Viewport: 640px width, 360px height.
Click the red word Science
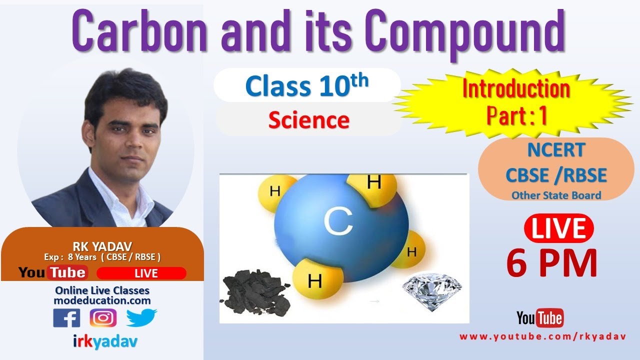(308, 120)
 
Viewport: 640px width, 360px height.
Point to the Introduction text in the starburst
(516, 89)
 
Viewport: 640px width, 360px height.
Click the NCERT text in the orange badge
(556, 150)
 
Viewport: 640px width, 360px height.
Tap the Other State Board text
(556, 195)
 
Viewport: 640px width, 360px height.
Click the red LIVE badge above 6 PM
(558, 229)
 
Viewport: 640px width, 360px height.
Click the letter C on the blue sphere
(338, 223)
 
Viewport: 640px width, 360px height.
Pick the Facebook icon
(66, 317)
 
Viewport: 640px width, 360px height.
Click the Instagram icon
(103, 317)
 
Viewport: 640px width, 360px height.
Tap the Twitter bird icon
(141, 317)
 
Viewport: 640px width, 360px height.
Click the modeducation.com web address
(102, 300)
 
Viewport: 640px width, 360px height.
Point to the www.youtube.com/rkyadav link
(542, 337)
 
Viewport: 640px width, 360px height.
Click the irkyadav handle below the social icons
(102, 342)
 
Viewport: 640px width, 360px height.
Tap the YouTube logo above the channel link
(539, 317)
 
